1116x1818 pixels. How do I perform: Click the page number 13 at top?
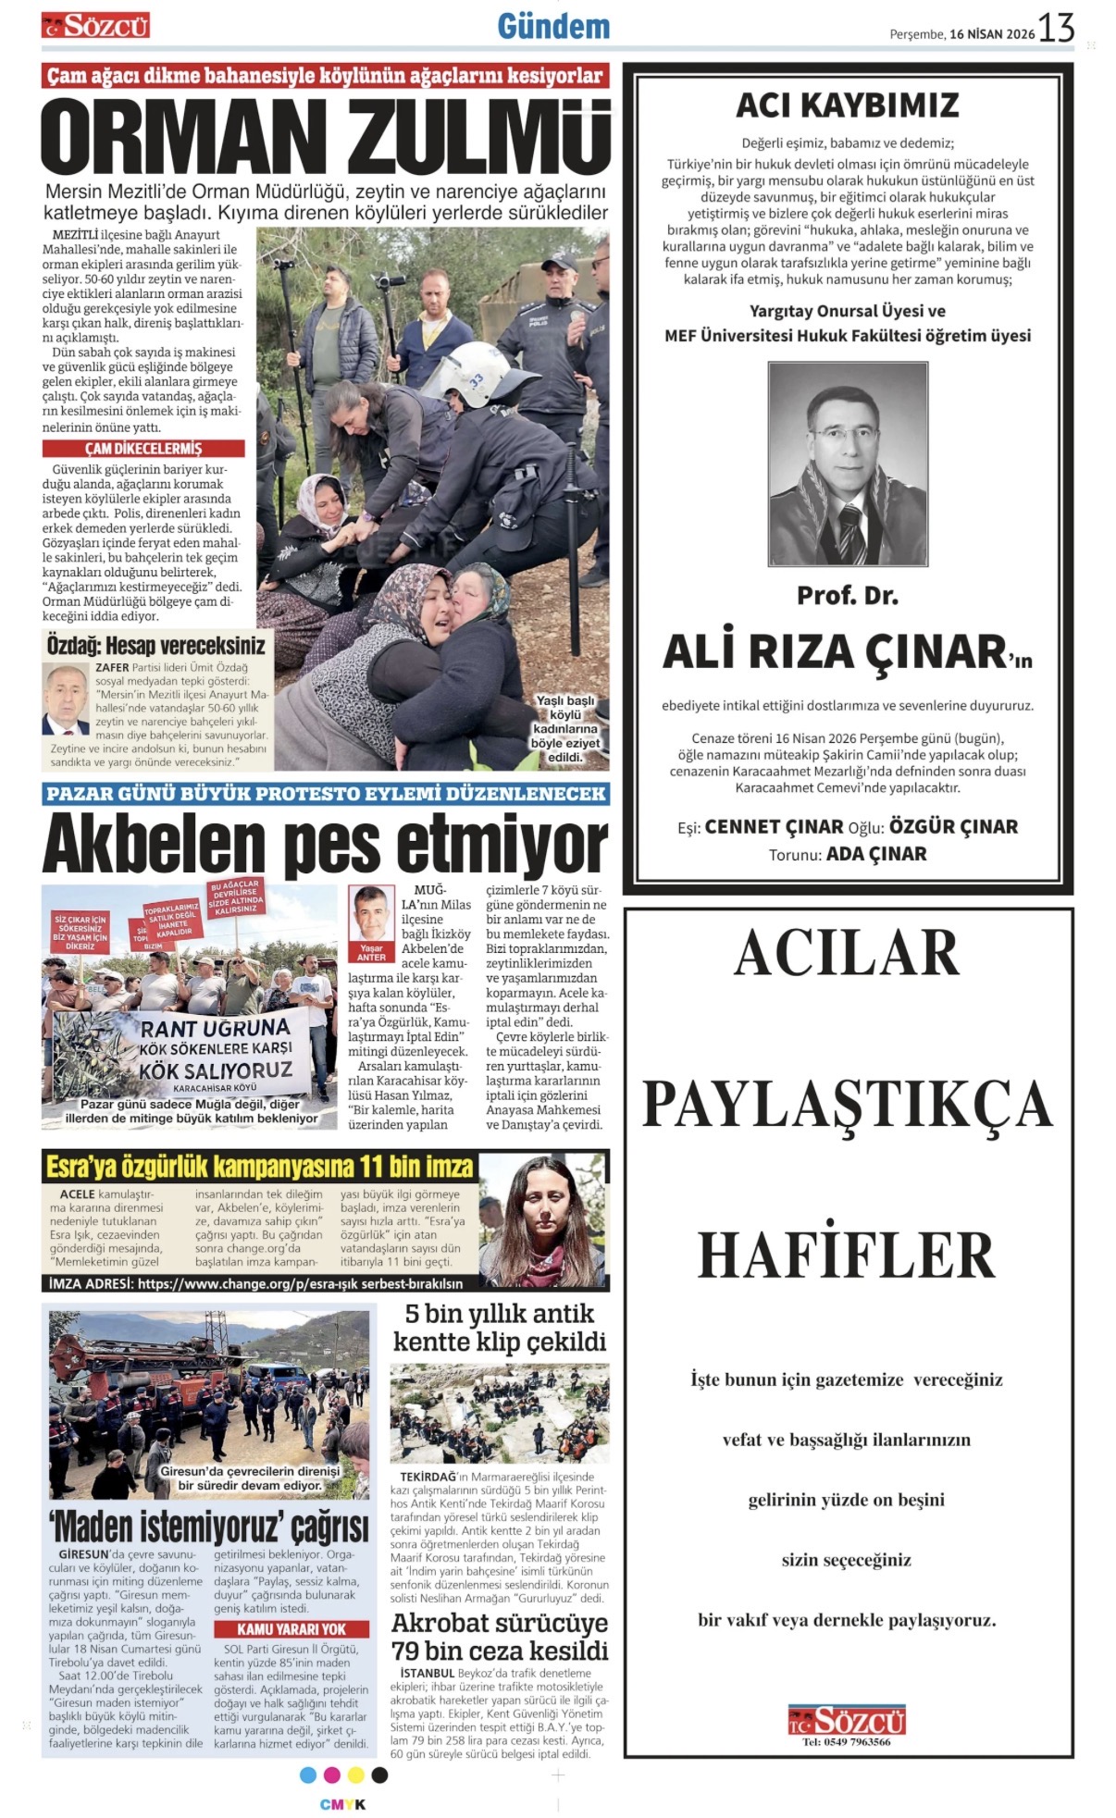click(1056, 29)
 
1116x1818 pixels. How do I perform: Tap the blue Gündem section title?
click(553, 27)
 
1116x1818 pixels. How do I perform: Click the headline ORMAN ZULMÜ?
click(325, 137)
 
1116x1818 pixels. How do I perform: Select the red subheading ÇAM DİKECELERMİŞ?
click(143, 448)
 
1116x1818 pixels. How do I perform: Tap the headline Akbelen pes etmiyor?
click(325, 841)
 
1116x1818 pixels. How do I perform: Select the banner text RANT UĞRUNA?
click(215, 1027)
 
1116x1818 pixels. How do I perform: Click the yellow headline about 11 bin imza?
click(259, 1166)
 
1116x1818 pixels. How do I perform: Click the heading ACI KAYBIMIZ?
click(847, 105)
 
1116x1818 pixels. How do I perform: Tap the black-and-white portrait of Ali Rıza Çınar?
click(848, 464)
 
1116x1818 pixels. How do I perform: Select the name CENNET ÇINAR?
click(774, 826)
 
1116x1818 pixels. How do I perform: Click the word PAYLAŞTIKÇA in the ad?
click(847, 1104)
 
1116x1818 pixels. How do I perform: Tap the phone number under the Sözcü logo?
click(847, 1741)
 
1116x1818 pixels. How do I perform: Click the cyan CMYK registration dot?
click(308, 1775)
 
